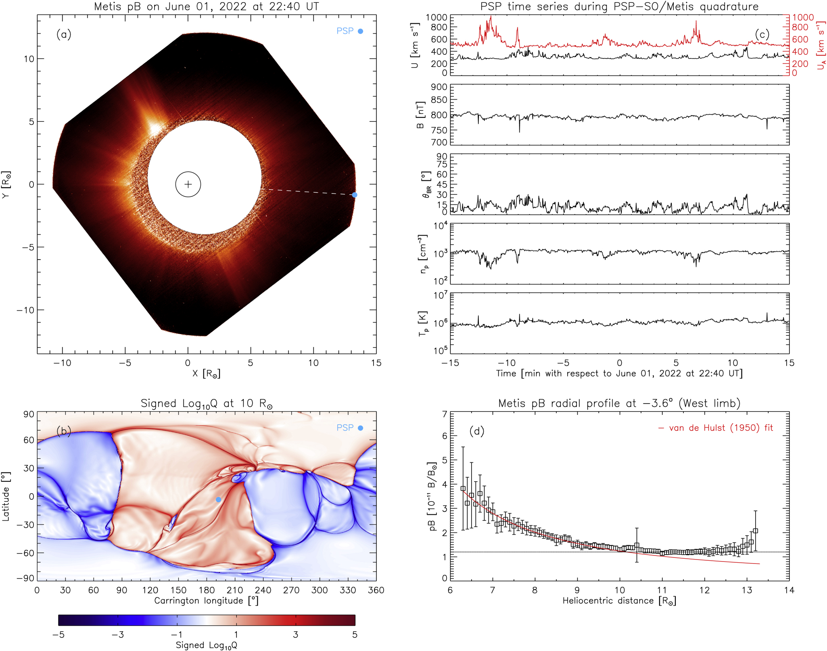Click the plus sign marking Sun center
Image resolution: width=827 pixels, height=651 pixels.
click(x=188, y=184)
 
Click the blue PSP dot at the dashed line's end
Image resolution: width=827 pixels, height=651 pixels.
click(x=355, y=195)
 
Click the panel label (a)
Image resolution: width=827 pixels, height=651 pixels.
click(x=64, y=34)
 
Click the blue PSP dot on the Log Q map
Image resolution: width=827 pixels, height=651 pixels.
click(x=218, y=499)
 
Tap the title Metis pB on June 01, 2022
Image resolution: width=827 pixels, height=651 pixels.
click(x=206, y=6)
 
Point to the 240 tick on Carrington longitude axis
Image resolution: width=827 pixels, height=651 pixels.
click(x=263, y=590)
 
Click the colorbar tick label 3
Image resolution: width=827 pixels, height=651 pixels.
click(x=295, y=634)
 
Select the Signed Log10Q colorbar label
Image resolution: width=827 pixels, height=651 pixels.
click(x=206, y=645)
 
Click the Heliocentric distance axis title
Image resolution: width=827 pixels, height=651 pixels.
click(x=619, y=601)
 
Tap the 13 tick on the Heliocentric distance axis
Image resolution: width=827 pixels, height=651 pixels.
click(x=747, y=590)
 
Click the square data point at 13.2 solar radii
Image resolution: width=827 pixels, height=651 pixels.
click(x=755, y=531)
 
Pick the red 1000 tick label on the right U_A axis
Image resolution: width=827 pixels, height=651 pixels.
click(x=803, y=17)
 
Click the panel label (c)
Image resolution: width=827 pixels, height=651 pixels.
click(x=762, y=35)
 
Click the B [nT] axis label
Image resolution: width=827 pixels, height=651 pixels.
click(x=420, y=115)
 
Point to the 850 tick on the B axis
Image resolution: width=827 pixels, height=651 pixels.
click(x=439, y=100)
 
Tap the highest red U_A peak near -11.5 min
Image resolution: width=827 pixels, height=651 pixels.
click(x=491, y=17)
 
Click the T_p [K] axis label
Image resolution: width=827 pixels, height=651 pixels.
click(x=422, y=323)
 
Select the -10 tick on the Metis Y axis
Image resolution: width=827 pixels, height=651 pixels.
click(x=25, y=310)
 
